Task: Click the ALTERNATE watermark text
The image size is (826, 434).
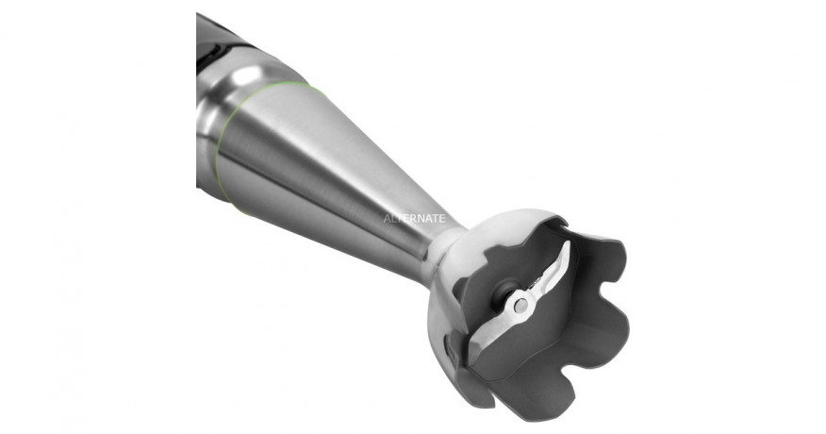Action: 414,216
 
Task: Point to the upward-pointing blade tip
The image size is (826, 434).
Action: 568,248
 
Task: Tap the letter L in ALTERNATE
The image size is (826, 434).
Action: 394,216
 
